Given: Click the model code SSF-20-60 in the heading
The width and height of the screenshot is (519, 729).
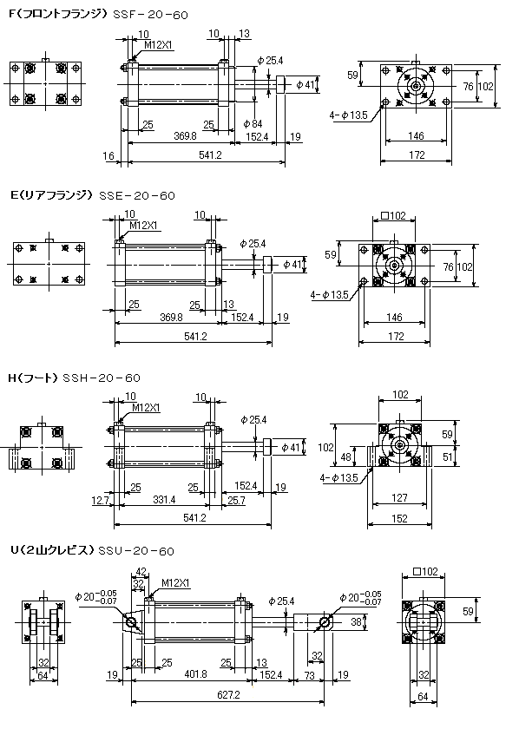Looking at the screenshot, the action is click(x=151, y=15).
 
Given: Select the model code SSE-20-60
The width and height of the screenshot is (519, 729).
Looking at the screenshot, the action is click(x=137, y=196).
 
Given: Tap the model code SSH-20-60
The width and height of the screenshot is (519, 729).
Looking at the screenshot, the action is click(x=102, y=378).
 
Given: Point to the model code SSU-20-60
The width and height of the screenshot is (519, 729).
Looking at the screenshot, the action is click(x=135, y=551).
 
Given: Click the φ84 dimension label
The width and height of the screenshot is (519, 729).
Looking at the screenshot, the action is click(x=253, y=123).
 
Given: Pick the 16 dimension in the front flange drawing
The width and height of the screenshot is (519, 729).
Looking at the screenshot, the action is click(x=108, y=155).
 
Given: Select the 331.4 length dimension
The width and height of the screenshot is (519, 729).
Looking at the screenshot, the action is click(x=164, y=500).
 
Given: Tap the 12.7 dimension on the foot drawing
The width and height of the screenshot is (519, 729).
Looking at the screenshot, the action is click(x=100, y=500).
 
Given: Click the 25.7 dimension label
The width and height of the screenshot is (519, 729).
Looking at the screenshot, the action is click(x=236, y=500).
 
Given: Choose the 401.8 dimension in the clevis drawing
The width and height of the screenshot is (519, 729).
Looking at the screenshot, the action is click(x=195, y=673).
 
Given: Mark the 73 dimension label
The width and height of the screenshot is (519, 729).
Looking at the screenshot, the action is click(x=309, y=675).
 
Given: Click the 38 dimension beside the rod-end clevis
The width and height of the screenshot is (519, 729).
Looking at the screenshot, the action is click(x=356, y=621).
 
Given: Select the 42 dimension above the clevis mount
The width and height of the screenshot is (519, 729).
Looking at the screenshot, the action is click(x=141, y=572).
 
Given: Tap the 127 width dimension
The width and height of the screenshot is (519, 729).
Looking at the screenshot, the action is click(x=399, y=498).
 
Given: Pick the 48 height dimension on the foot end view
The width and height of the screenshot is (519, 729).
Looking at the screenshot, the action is click(x=346, y=457).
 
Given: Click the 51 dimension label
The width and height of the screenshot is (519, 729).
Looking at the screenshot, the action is click(x=447, y=457).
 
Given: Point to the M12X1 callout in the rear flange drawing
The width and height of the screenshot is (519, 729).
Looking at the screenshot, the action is click(x=143, y=226).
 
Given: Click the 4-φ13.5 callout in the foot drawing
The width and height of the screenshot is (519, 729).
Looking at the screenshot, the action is click(x=339, y=478).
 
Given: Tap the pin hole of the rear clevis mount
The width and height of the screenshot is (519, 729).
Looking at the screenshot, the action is click(x=131, y=622).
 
